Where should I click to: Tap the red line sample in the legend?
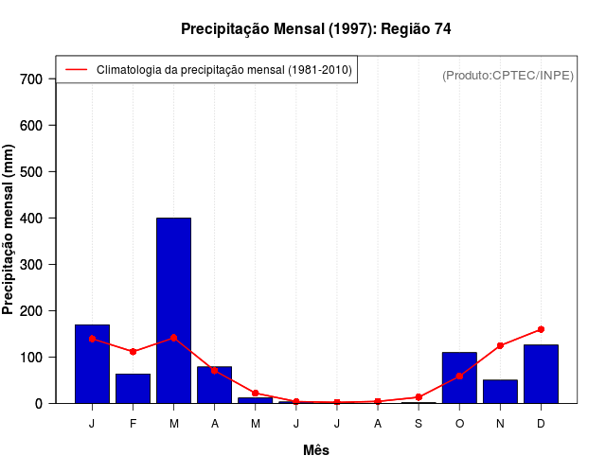[77, 70]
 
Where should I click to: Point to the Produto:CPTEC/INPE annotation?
[508, 75]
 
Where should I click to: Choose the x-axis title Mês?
[316, 450]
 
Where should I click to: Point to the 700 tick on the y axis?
[31, 79]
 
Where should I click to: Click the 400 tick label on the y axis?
[31, 219]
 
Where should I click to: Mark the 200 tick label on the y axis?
[31, 311]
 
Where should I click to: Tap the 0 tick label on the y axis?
[39, 404]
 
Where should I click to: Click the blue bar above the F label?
[133, 388]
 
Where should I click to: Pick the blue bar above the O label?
[459, 377]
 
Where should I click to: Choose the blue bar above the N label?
[500, 392]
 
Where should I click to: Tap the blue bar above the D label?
[541, 374]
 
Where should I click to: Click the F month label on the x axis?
[133, 424]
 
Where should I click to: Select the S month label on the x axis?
[419, 424]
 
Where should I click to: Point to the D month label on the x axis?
[541, 424]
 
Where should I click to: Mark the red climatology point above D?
[541, 329]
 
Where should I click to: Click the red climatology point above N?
[500, 345]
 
